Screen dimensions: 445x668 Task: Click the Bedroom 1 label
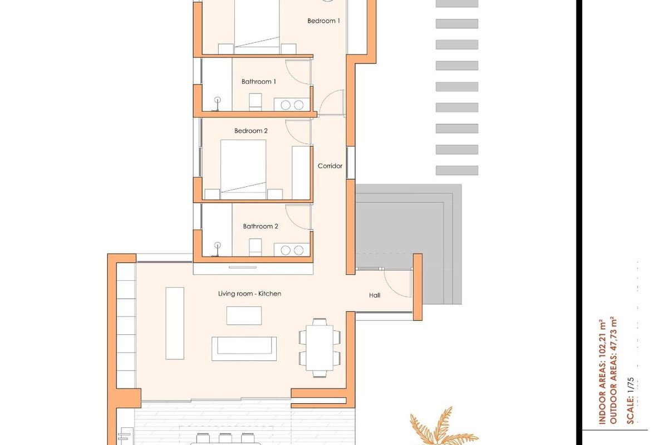pos(323,21)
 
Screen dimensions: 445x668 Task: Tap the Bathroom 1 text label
pos(259,82)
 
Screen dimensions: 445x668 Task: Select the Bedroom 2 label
pos(251,131)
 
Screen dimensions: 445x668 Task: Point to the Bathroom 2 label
pos(261,226)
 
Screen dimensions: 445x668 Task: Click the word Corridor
pos(330,166)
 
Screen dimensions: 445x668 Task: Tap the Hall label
pos(375,295)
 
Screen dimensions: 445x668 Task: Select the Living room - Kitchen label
pos(249,294)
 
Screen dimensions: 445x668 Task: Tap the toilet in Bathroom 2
pos(255,248)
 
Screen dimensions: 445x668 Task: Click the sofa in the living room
pos(244,348)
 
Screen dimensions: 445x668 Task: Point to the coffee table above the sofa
pos(244,315)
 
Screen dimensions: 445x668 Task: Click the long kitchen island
pos(174,323)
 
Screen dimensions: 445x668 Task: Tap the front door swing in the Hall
pos(399,284)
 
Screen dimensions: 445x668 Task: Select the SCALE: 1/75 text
pos(630,400)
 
